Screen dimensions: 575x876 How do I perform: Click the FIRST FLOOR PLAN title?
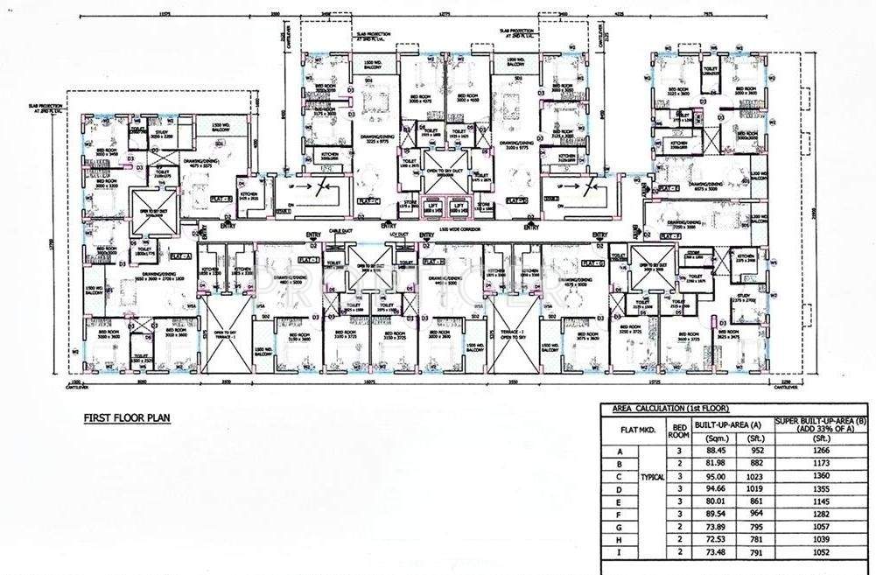[x=126, y=418]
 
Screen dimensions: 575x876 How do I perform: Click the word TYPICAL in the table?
[x=653, y=477]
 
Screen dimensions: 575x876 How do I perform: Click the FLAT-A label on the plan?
[x=179, y=256]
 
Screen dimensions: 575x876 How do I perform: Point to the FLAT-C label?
[x=368, y=200]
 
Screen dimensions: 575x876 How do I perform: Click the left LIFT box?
[x=432, y=208]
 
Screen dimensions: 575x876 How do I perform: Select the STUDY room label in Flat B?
[x=159, y=134]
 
